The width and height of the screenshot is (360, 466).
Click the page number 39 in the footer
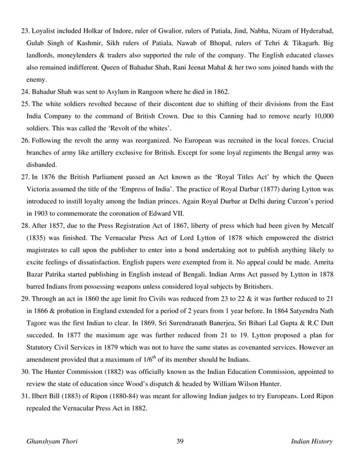click(x=180, y=441)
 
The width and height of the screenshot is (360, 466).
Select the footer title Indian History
click(x=311, y=441)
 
